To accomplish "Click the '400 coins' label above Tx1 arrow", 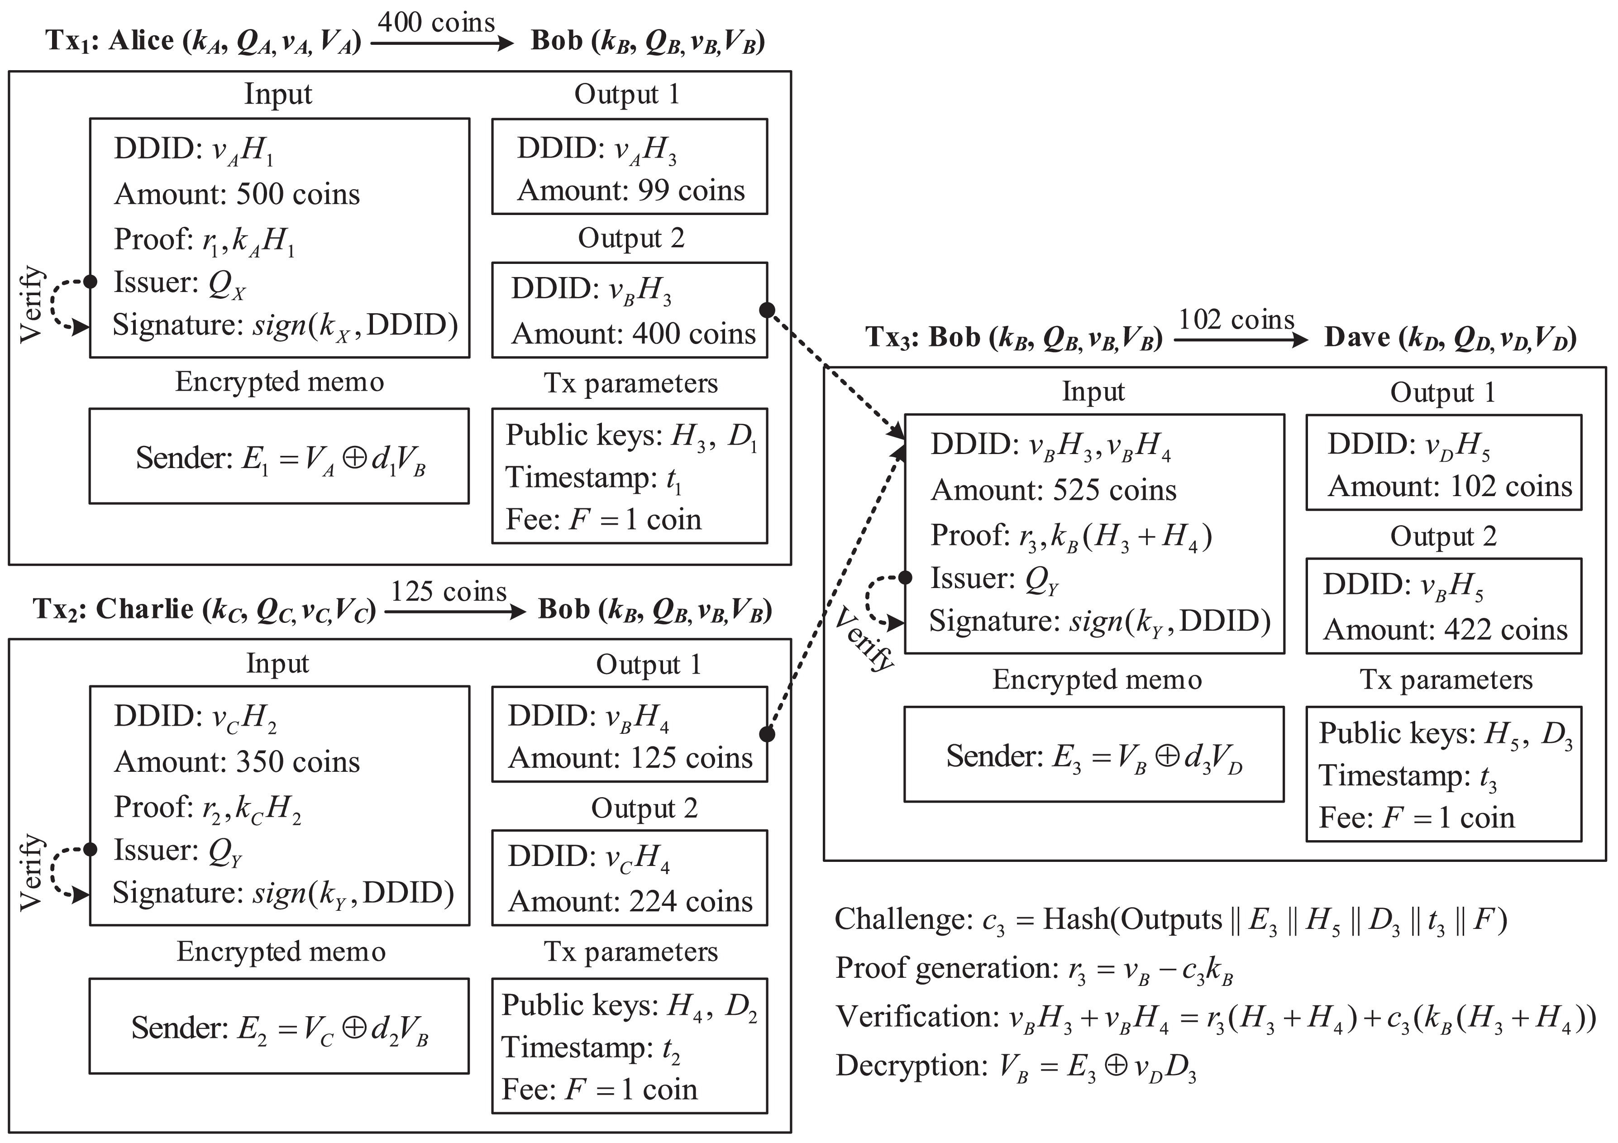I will pyautogui.click(x=436, y=23).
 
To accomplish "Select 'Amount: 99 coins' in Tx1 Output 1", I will pyautogui.click(x=631, y=191).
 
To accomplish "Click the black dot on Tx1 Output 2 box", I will pyautogui.click(x=768, y=310).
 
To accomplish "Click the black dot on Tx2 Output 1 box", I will pyautogui.click(x=768, y=734).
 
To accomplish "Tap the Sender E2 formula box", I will pyautogui.click(x=279, y=1027).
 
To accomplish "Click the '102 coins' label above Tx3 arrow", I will pyautogui.click(x=1236, y=320).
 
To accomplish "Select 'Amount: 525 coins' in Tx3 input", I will pyautogui.click(x=1054, y=490).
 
